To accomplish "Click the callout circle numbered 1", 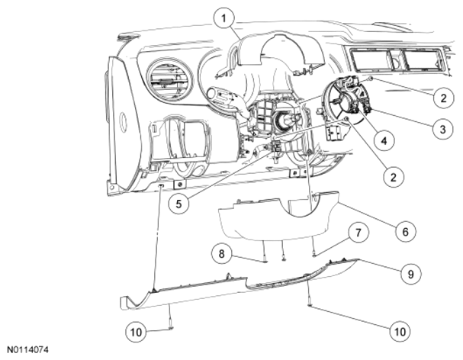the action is (x=223, y=18).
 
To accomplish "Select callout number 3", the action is (x=442, y=129).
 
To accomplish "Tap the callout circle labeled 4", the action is (x=384, y=141).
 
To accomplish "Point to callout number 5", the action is (x=178, y=204).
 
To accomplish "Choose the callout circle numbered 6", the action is (x=406, y=232).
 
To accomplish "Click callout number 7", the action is (x=358, y=233).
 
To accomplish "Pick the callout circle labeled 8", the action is (x=221, y=254).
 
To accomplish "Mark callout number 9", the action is (x=410, y=274).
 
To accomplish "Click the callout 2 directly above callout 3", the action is (x=443, y=98).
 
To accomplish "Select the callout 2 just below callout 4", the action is (x=394, y=177).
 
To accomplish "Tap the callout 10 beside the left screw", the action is (x=136, y=333).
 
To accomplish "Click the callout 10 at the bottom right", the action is (x=400, y=331).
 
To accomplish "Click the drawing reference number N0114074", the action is (x=27, y=350).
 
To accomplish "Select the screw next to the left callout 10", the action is (x=171, y=321).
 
